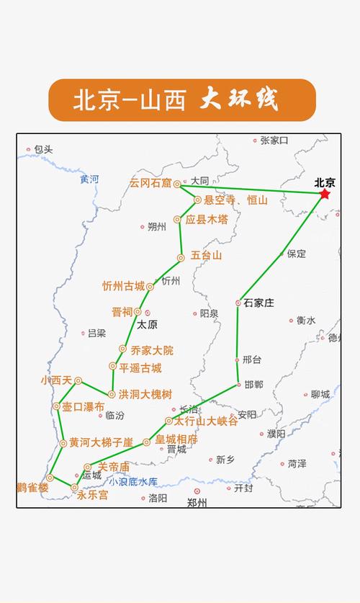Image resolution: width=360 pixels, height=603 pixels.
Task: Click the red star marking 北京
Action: coord(325,194)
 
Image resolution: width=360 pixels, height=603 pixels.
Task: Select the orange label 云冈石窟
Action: coord(150,184)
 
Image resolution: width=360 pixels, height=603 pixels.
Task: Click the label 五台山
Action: coord(207,256)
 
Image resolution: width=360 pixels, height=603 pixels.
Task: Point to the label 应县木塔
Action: coord(207,220)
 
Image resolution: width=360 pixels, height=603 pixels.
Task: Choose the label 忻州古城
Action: coord(123,286)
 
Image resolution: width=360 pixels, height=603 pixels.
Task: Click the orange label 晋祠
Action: coord(122,312)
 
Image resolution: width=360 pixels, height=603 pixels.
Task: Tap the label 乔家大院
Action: coord(152,351)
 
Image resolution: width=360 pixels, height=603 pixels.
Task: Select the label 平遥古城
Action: coord(140,368)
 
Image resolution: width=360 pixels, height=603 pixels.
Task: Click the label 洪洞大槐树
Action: coord(145,394)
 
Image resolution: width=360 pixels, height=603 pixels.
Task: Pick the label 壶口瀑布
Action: coord(84,407)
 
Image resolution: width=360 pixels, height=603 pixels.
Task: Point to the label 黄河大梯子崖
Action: coord(102,442)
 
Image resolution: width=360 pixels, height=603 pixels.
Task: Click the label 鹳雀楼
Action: coord(33,488)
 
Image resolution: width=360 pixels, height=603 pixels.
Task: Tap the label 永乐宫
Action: coord(92,496)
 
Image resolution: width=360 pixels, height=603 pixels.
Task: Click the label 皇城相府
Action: coord(176,439)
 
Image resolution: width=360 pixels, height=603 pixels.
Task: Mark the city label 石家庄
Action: coord(258,303)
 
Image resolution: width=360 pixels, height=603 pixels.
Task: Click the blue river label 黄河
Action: coord(89,179)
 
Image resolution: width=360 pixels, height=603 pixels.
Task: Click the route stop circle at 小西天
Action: coord(78,380)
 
